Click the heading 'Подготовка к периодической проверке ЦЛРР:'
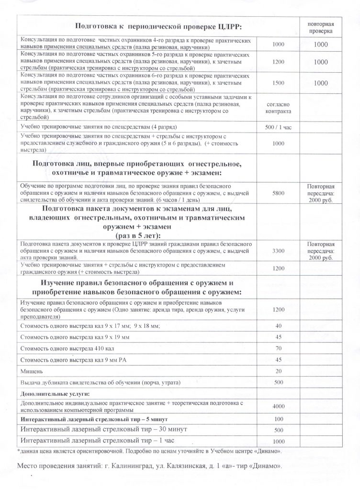138,25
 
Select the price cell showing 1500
278,82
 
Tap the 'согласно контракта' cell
278,107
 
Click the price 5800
278,192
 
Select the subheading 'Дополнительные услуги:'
49,393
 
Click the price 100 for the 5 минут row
278,419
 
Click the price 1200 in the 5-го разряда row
278,62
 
